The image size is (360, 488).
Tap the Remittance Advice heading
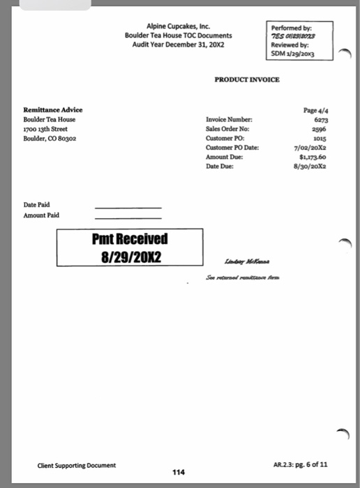click(x=53, y=110)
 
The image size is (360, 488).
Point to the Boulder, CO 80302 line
click(x=50, y=138)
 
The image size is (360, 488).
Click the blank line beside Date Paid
click(x=128, y=208)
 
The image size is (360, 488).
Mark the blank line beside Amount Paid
click(x=128, y=218)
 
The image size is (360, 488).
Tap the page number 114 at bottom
click(x=179, y=472)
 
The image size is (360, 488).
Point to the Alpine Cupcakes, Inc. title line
click(x=179, y=26)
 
